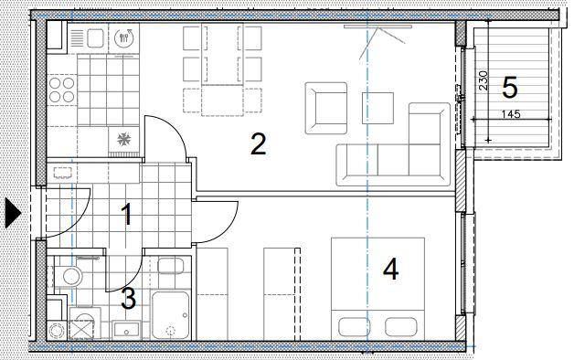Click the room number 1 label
coord(127,215)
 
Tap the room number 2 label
coord(259,144)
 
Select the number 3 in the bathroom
coord(129,298)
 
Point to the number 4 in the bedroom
coord(390,269)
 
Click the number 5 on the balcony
coord(510,88)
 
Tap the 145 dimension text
coord(511,114)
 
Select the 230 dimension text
coord(484,80)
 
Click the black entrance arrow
coord(13,212)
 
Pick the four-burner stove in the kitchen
coord(62,90)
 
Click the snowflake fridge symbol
coord(123,139)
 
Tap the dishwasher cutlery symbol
coord(124,37)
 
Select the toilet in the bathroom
coord(69,276)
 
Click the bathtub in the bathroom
coord(171,315)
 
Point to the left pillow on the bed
coord(354,327)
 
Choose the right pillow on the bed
coord(401,327)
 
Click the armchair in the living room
coord(326,108)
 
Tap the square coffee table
coord(377,108)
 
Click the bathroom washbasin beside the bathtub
coord(126,329)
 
